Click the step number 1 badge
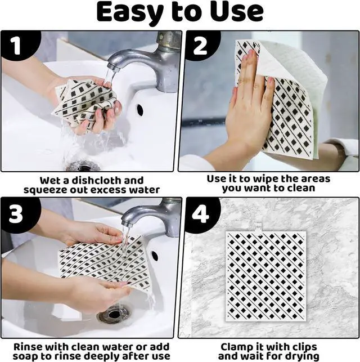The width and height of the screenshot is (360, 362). click(17, 46)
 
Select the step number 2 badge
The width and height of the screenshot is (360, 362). click(200, 46)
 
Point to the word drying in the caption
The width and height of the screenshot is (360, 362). click(302, 356)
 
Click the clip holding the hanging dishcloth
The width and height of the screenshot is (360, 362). click(258, 228)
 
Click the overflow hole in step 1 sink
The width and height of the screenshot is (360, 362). click(139, 110)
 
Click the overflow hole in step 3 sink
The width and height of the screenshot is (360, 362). click(155, 256)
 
